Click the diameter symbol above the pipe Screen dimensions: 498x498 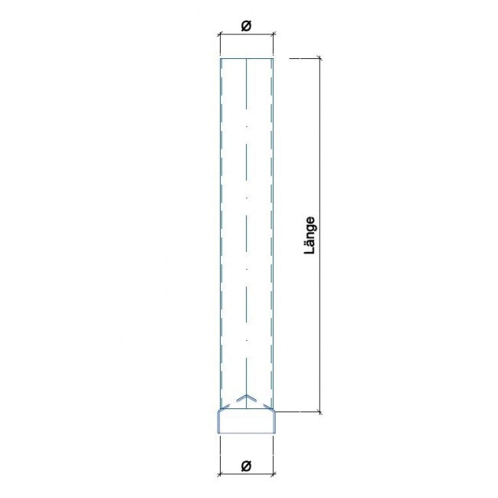246,26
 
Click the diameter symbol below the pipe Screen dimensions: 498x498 246,466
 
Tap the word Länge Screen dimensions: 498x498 310,235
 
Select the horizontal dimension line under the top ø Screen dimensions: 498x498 247,34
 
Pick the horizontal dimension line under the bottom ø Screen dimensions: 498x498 247,474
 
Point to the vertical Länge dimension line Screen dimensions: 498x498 319,235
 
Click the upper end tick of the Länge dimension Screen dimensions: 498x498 319,58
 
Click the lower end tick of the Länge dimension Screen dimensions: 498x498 319,412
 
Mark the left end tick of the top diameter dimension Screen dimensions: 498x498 220,34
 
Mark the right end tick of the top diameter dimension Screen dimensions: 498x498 274,34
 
